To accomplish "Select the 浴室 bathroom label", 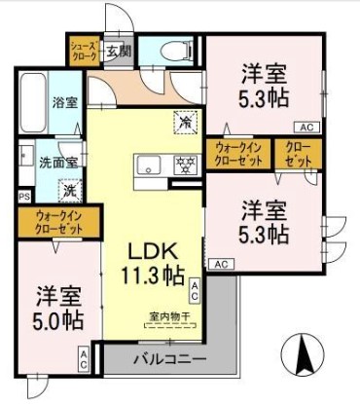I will click(65, 102).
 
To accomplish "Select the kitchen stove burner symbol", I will click(180, 165).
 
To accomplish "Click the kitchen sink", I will click(148, 164).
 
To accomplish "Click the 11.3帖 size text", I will click(151, 274).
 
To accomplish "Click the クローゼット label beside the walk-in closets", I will click(293, 153).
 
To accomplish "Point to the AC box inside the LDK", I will click(195, 288).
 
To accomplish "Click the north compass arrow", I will click(303, 351).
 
